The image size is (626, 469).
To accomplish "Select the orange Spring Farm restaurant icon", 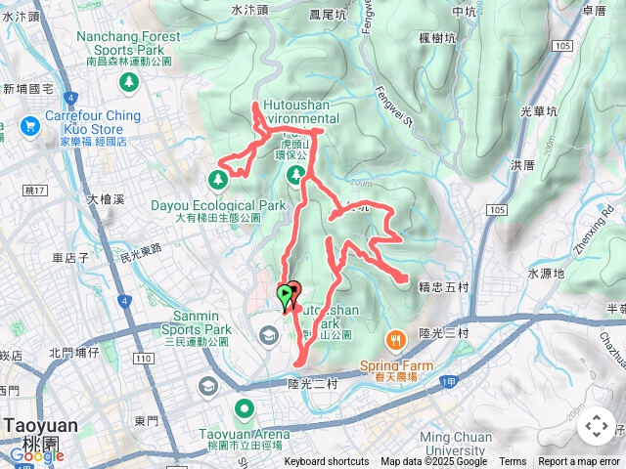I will point(395,340).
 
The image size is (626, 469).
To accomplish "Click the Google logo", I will point(36,454).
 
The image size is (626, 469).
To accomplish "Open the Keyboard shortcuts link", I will point(327,462).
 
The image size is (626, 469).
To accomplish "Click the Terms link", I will point(513,462).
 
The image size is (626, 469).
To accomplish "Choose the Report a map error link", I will point(580,462).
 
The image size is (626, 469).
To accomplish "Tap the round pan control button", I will point(596,426).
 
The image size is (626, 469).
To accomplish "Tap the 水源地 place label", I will point(546,274).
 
